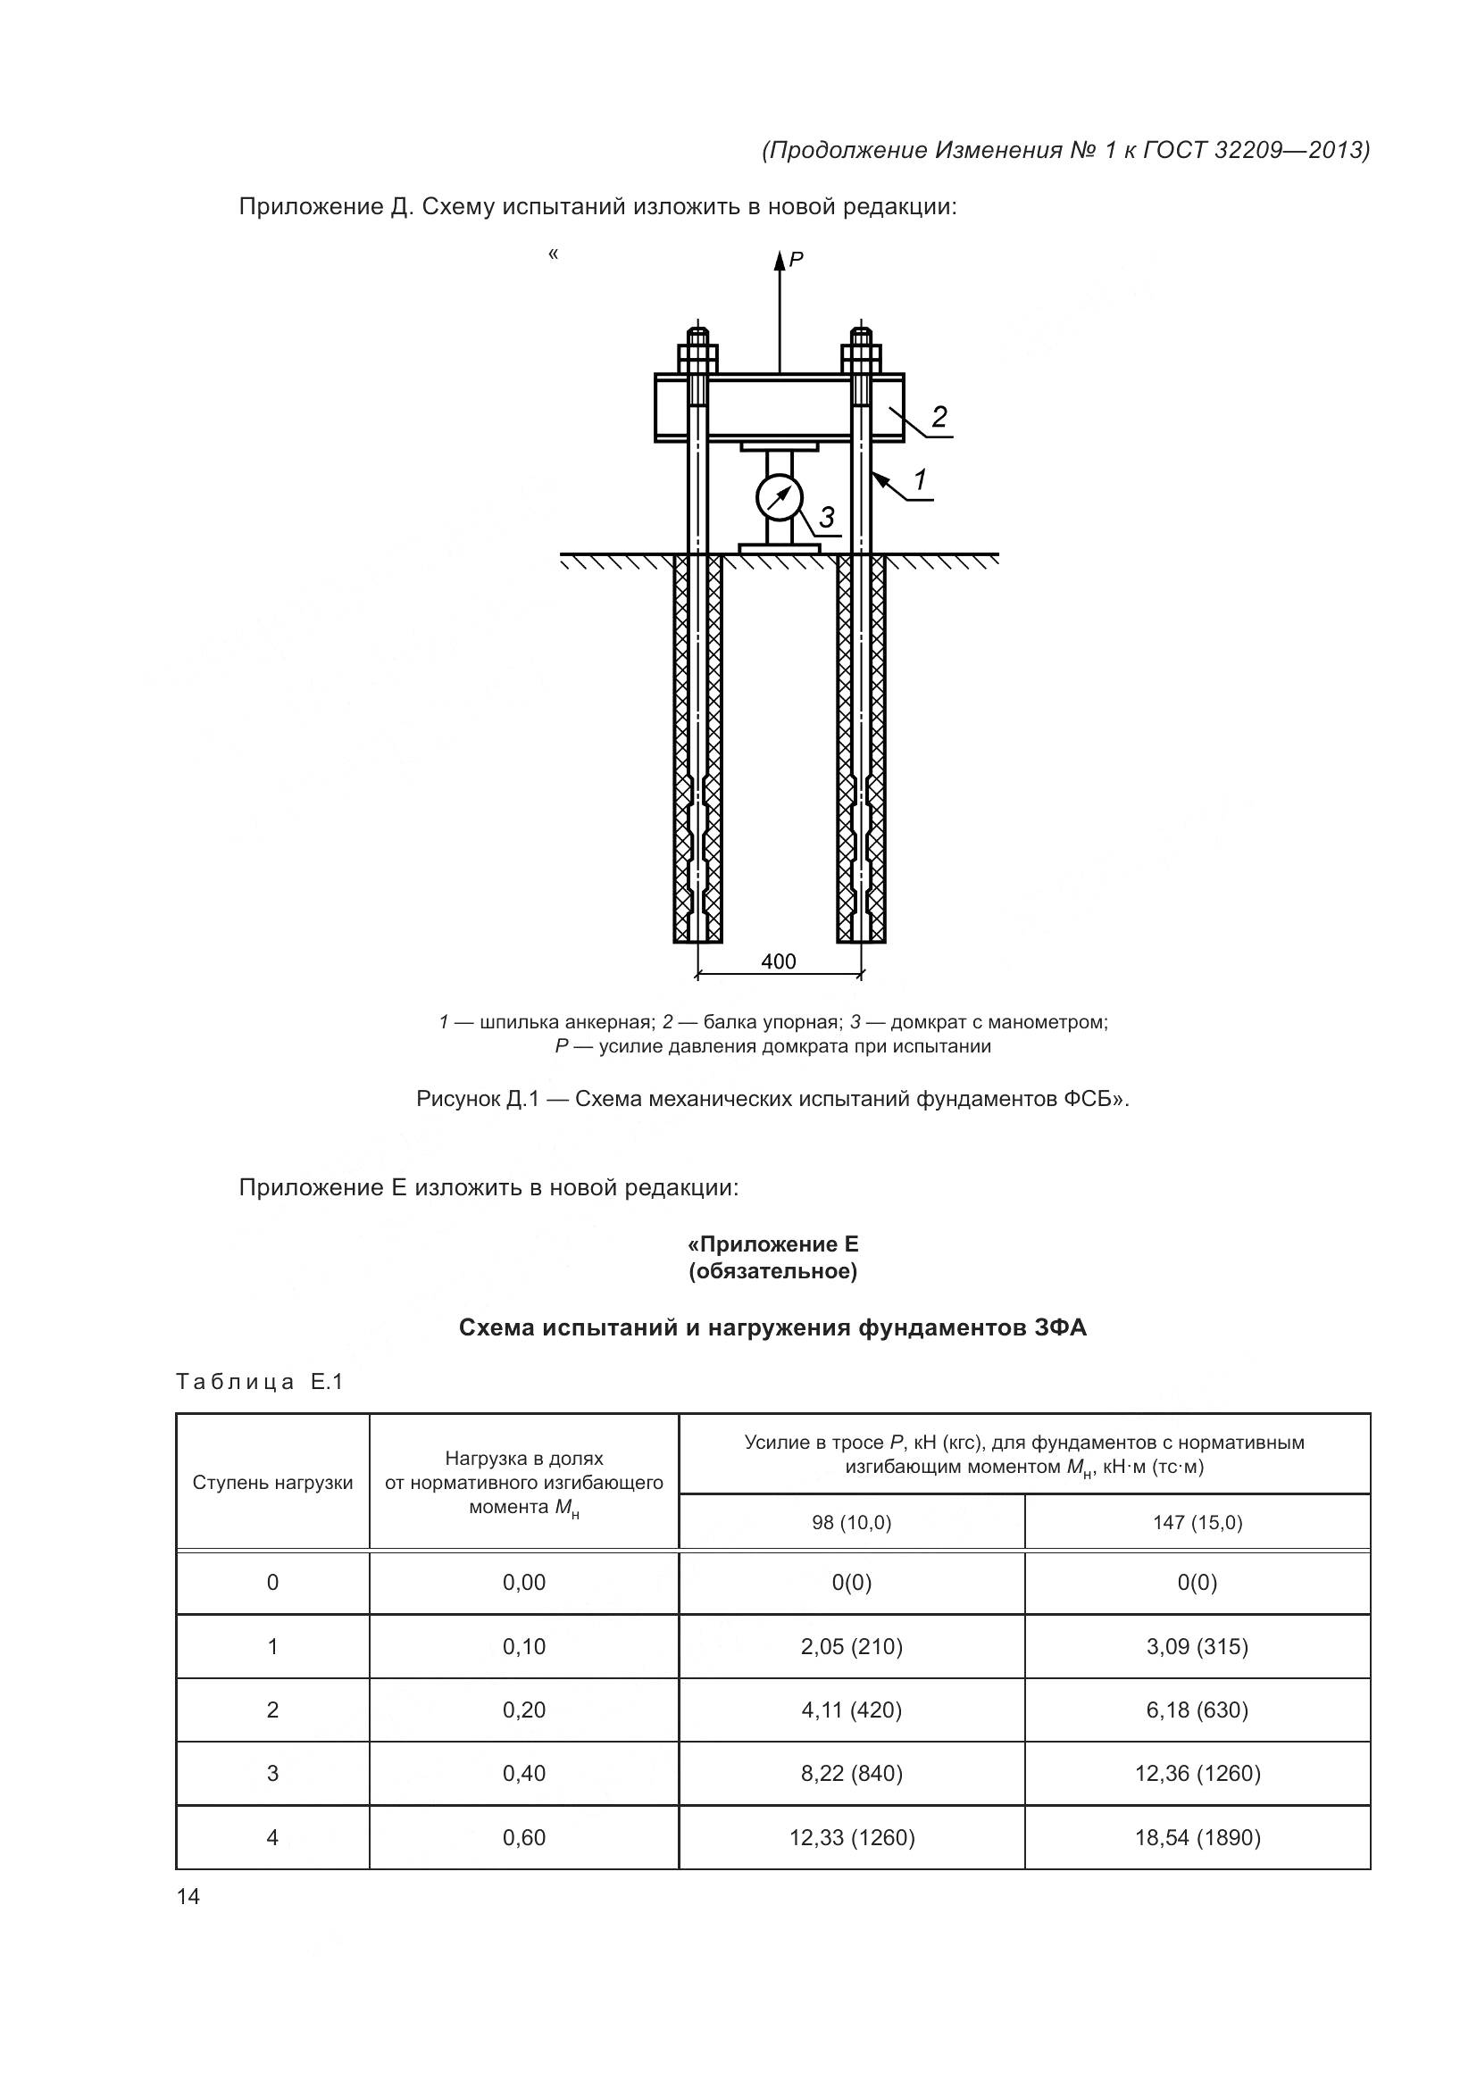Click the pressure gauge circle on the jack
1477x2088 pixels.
tap(780, 496)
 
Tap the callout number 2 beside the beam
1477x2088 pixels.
tap(939, 417)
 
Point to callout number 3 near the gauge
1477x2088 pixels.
tap(826, 518)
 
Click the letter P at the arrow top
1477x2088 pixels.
tap(796, 260)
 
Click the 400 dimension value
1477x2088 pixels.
tap(779, 961)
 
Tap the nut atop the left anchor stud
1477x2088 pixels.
tap(697, 353)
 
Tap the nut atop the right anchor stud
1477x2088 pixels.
tap(861, 353)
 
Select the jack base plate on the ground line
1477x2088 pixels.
tap(780, 547)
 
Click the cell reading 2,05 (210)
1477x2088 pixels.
tap(851, 1646)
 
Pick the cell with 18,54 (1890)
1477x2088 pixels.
tap(1197, 1837)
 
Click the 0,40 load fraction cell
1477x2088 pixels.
tap(524, 1774)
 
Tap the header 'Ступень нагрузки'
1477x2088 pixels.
tap(273, 1483)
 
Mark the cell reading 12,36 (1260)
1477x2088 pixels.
tap(1197, 1774)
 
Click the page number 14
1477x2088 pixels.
tap(188, 1896)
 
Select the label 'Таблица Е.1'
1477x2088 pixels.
tap(259, 1382)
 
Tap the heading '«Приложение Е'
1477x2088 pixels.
tap(773, 1244)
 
